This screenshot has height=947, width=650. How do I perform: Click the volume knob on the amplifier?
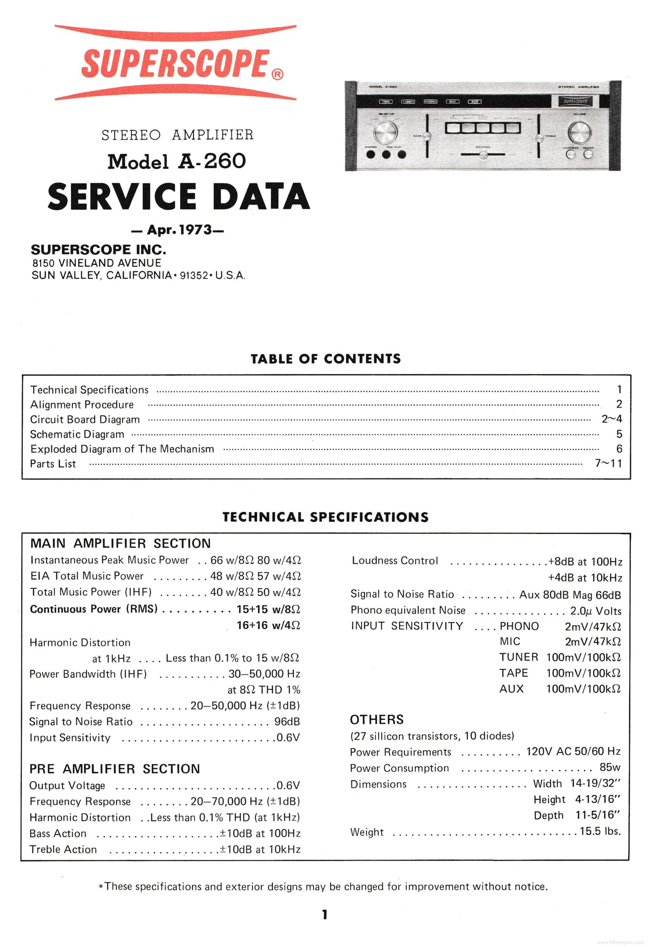579,132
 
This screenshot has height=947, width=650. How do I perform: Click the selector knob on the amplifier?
385,132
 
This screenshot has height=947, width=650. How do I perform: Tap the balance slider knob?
484,154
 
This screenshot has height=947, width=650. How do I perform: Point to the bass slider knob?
427,136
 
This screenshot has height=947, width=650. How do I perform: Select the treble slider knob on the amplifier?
539,138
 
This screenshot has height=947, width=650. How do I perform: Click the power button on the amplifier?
588,154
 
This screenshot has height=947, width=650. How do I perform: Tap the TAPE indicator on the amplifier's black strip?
386,101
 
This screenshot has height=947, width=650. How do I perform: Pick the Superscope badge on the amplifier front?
575,101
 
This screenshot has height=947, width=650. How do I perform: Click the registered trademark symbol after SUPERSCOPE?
278,74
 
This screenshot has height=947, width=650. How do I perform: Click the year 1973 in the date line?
195,229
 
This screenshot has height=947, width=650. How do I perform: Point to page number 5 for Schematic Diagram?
619,434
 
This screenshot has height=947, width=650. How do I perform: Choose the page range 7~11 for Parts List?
608,464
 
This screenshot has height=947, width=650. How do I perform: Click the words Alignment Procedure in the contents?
82,405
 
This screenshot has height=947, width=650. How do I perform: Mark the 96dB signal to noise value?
287,722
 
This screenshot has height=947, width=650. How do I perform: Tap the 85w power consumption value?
610,767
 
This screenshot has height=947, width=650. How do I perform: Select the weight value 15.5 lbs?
600,831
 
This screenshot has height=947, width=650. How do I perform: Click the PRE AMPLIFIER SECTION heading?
114,769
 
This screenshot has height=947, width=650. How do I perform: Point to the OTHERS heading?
377,720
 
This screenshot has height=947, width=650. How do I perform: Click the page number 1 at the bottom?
325,914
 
